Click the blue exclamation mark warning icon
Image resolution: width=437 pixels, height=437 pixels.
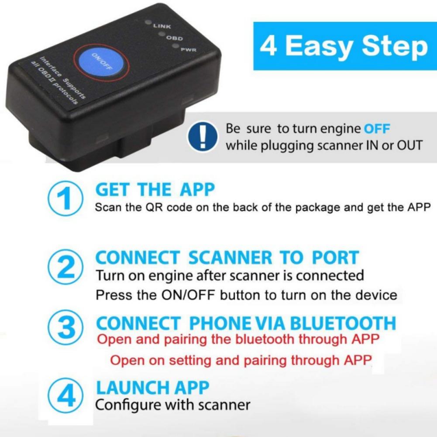pos(202,137)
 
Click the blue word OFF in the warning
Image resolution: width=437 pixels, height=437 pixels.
pos(377,129)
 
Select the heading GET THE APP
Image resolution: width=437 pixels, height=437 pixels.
pos(155,190)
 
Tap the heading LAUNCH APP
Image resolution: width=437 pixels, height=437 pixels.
pos(152,387)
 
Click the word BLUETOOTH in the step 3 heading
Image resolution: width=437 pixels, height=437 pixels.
pos(343,323)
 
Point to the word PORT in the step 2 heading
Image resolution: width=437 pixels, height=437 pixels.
pos(335,258)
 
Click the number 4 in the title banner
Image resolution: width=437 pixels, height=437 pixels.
pos(269,47)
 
